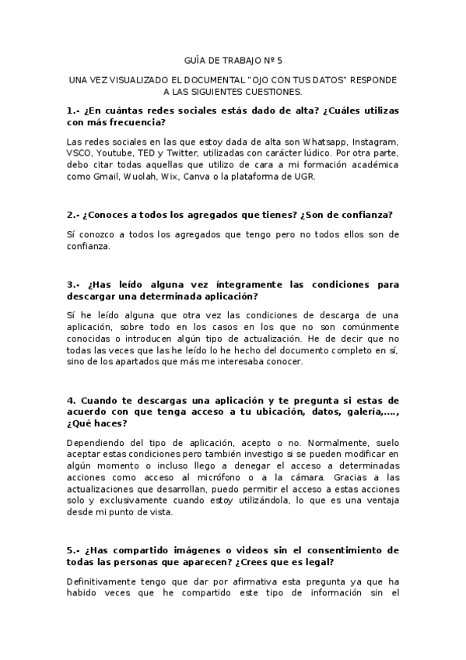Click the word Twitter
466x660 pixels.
(180, 154)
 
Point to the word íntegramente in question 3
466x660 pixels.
(203, 285)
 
